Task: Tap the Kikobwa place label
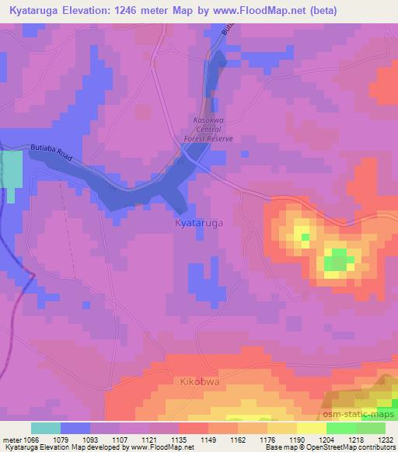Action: click(196, 383)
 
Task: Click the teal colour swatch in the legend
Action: click(46, 428)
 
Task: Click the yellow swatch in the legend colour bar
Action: click(311, 428)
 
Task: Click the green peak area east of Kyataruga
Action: click(337, 257)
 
